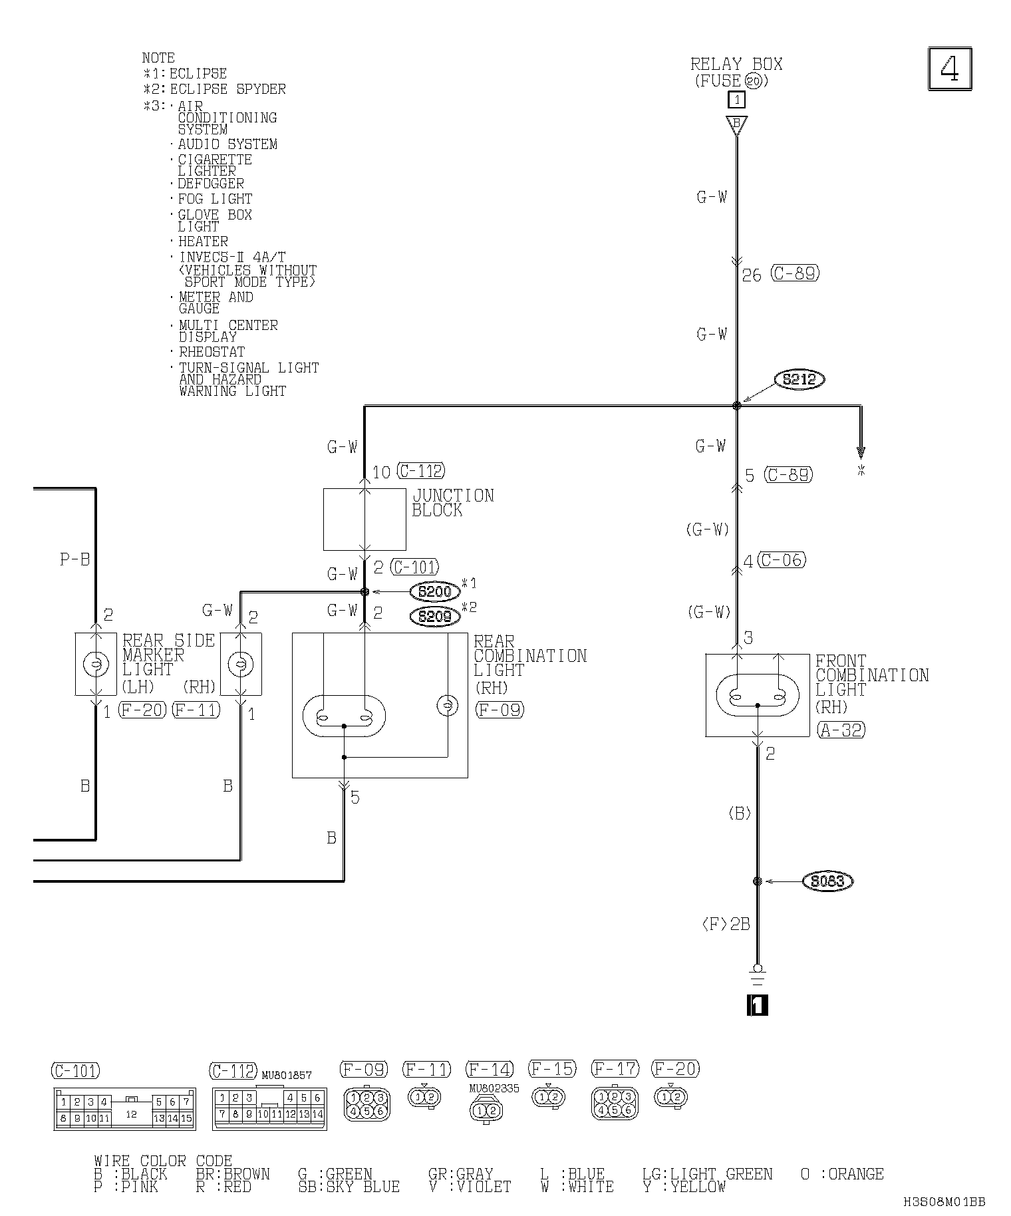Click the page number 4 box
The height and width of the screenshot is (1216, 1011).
pos(950,69)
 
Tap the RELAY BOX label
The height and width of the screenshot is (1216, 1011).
pos(736,65)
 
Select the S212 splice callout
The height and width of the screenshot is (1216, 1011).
pos(799,380)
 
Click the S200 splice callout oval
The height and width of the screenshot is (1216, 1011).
pos(435,591)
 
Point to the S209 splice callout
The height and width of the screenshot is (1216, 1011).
pos(435,617)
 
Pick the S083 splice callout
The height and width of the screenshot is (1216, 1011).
pos(828,881)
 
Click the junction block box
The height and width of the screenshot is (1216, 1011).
pos(364,520)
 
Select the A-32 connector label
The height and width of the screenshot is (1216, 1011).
pos(841,730)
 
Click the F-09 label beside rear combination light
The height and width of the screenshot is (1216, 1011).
pos(500,710)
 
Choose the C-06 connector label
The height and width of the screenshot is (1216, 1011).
pos(782,560)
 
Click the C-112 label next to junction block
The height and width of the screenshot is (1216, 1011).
pos(420,472)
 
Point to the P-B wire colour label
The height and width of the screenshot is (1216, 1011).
pos(74,559)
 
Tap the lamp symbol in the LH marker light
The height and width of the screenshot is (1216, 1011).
pos(96,664)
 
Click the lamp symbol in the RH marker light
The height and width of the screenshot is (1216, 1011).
pos(241,664)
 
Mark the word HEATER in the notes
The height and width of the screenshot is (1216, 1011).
pos(203,241)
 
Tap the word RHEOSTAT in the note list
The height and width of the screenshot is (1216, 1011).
pos(212,352)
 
